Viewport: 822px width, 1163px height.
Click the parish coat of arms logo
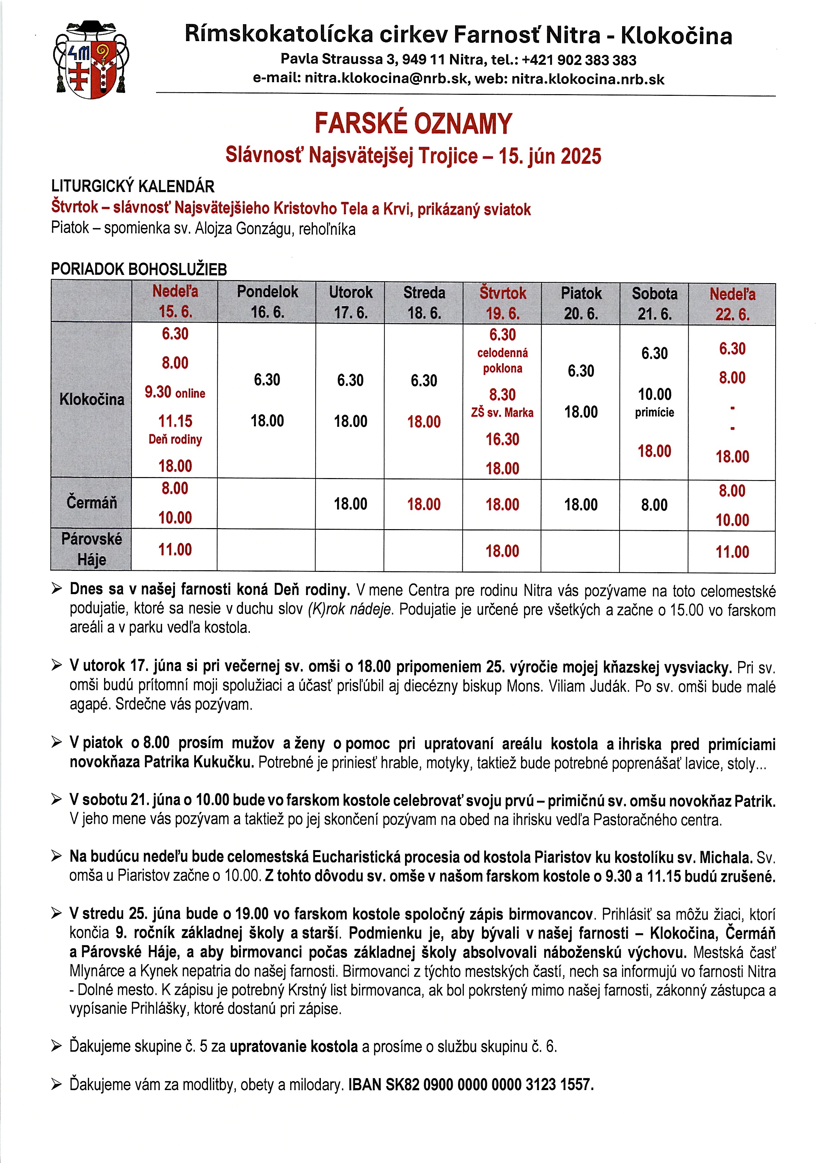point(91,59)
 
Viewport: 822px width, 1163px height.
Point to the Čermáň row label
point(92,503)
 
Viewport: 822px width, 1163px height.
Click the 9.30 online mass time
point(175,392)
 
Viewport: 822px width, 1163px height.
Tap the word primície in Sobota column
point(654,412)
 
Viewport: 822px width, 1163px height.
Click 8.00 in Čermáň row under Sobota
point(654,505)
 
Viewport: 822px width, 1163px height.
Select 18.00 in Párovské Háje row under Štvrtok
point(502,551)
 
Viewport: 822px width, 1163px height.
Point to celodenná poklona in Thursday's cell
point(502,360)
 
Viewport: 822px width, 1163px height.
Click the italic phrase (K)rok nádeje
point(349,609)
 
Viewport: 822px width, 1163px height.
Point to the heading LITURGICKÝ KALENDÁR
point(133,186)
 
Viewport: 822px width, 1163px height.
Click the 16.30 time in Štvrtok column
point(502,439)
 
